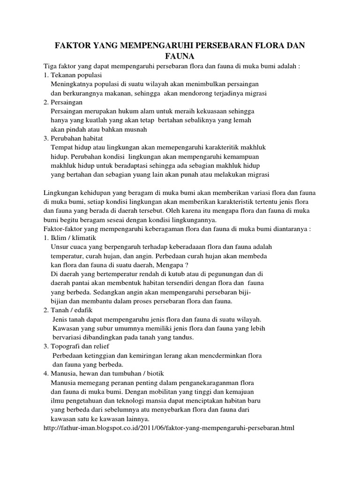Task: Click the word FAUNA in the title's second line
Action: click(x=180, y=56)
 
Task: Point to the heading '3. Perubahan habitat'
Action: click(x=76, y=138)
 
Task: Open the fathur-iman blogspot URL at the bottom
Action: click(x=168, y=428)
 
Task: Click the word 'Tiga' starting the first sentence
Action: click(x=50, y=66)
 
